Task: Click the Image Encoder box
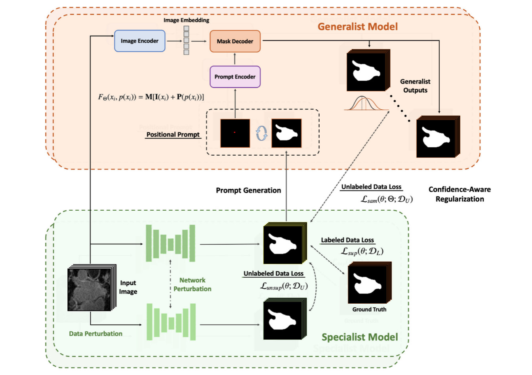point(139,41)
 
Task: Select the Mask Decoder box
point(235,41)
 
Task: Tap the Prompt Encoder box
point(235,77)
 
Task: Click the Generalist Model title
point(357,27)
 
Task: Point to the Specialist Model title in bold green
point(359,337)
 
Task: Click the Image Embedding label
point(186,20)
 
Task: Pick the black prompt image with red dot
point(235,133)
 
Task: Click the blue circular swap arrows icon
point(261,133)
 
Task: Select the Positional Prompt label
point(173,135)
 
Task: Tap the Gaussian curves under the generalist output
point(366,103)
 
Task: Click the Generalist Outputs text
point(415,86)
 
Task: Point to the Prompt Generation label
point(248,190)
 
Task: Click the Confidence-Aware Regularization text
point(460,194)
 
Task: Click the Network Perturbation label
point(193,284)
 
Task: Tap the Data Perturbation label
point(95,333)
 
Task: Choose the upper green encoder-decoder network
point(170,244)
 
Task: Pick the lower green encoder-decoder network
point(171,322)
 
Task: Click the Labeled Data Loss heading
point(347,240)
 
